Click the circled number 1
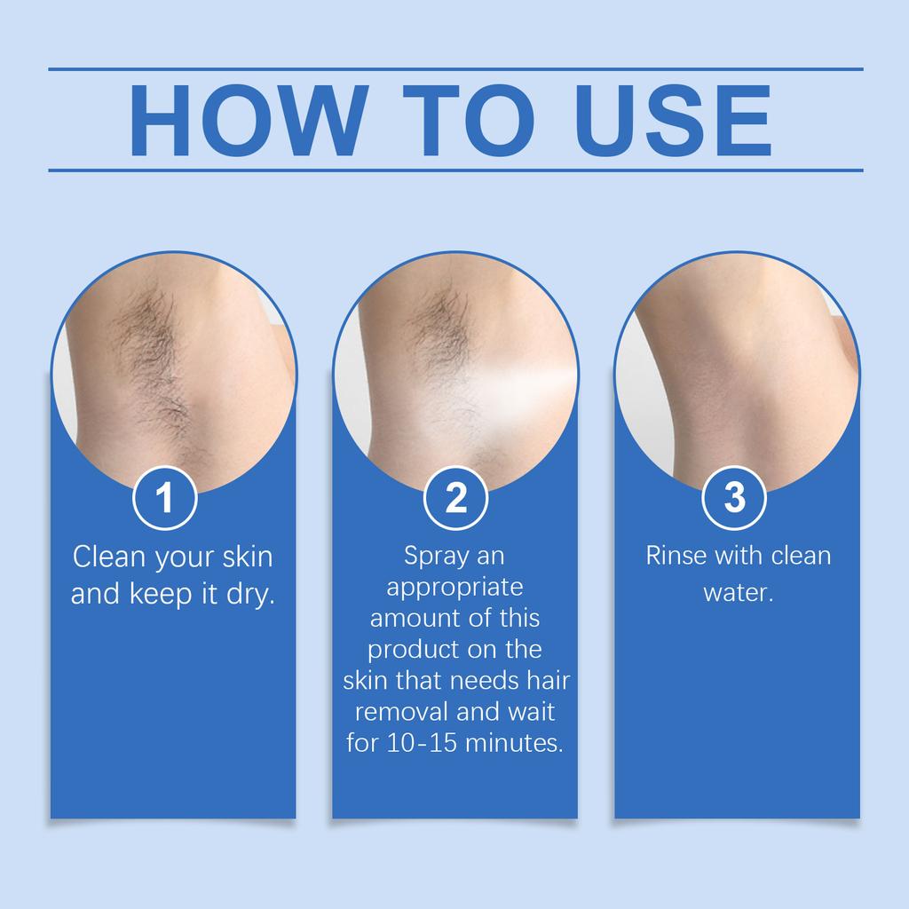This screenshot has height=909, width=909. pyautogui.click(x=164, y=498)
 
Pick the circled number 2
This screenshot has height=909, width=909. pyautogui.click(x=455, y=498)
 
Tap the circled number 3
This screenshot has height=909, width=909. pyautogui.click(x=735, y=498)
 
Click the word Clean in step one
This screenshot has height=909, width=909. pyautogui.click(x=109, y=557)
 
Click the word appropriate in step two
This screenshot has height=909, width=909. pyautogui.click(x=455, y=588)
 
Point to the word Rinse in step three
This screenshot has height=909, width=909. pyautogui.click(x=674, y=557)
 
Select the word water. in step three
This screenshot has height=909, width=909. pyautogui.click(x=739, y=592)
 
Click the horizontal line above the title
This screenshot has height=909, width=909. pyautogui.click(x=455, y=68)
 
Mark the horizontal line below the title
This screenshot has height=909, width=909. pyautogui.click(x=455, y=169)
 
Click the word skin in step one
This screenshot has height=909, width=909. pyautogui.click(x=246, y=557)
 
